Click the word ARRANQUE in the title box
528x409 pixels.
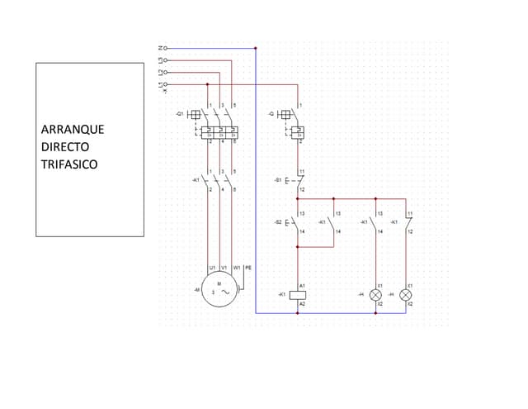coord(73,130)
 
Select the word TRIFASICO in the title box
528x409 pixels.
coord(69,164)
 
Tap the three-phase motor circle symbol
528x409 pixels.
coord(219,290)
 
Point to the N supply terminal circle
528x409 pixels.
coord(166,48)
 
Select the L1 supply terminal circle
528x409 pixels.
coord(166,83)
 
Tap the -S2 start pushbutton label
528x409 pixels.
coord(278,222)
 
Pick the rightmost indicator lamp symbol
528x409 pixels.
coord(405,294)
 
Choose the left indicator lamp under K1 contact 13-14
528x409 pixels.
coord(375,294)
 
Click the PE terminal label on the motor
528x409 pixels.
coord(248,268)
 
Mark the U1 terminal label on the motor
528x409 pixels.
coord(212,268)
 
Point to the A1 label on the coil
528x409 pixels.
coord(303,284)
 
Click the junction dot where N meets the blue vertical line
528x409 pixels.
coord(256,48)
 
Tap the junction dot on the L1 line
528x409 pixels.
coord(207,83)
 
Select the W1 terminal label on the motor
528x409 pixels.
coord(236,268)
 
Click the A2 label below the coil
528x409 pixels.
coord(303,304)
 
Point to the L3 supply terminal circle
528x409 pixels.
coord(166,60)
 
